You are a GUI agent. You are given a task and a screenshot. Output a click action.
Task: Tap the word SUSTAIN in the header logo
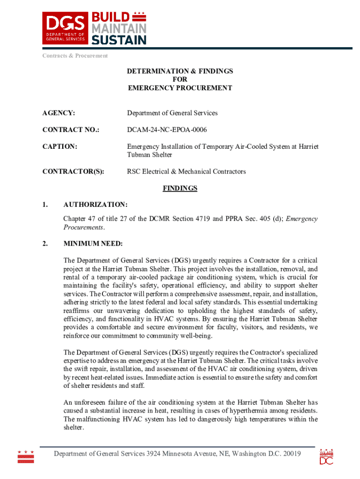point(118,40)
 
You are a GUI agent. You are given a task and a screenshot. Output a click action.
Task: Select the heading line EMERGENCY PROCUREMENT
point(180,88)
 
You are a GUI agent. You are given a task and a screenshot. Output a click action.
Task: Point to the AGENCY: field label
point(59,113)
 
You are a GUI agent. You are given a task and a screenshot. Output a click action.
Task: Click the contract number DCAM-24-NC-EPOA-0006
point(167,130)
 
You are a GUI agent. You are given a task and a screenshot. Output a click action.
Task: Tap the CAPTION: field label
point(60,146)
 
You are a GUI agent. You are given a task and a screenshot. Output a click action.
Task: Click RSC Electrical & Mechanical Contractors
point(186,172)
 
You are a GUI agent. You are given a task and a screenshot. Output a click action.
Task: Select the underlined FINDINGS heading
point(180,189)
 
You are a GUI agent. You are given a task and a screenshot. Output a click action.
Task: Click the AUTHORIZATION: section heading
point(95,205)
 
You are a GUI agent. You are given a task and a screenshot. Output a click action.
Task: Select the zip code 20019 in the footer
point(290,454)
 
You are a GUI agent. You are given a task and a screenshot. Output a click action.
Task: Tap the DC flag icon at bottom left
point(26,457)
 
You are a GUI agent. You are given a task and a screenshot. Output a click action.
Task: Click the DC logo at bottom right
point(326,457)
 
